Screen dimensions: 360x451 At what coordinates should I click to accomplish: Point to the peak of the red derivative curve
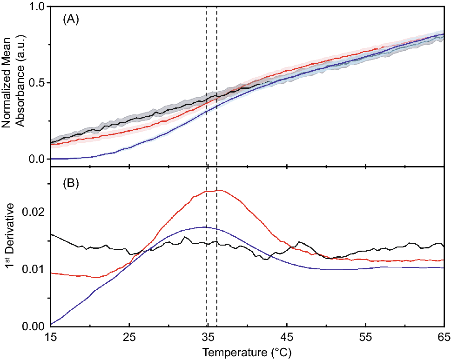tap(216, 190)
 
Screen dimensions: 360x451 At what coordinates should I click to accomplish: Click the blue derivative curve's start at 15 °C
tap(51, 324)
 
